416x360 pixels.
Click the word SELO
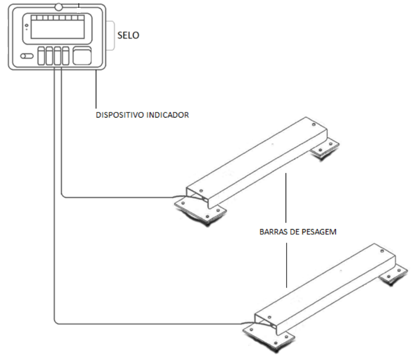coord(128,35)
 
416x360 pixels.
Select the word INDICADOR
coord(168,115)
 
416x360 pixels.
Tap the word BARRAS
coord(274,232)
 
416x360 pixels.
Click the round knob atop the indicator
coord(59,7)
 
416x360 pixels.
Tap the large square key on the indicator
coord(82,56)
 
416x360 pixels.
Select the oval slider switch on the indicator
coord(27,56)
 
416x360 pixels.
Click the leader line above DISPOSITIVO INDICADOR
coord(96,89)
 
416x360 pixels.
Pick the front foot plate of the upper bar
coord(200,211)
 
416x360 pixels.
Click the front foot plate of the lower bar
coord(269,337)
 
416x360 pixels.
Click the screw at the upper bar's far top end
coord(314,124)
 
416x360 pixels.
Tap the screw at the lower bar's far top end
coord(382,251)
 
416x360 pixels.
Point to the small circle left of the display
coord(27,25)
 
